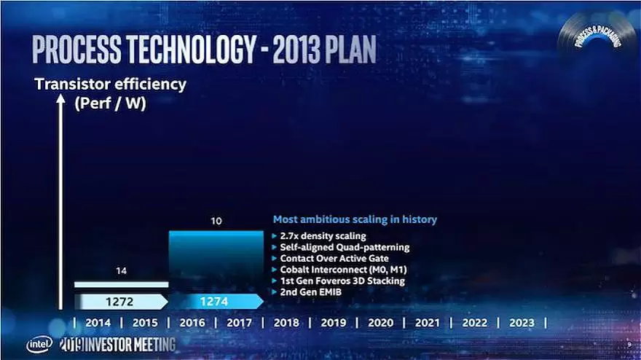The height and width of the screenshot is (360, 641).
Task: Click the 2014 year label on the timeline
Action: (98, 323)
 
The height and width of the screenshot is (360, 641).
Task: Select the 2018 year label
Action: (286, 323)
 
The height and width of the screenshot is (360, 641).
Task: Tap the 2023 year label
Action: (522, 323)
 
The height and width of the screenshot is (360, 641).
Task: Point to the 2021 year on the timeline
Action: (428, 323)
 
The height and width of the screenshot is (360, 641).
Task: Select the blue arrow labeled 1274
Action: (216, 301)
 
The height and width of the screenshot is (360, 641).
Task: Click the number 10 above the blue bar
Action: (216, 219)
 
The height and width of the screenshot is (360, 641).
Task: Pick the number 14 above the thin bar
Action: (120, 270)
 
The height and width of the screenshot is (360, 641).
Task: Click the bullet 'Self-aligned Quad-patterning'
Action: (340, 247)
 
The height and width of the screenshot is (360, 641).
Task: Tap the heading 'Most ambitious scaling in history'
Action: (355, 219)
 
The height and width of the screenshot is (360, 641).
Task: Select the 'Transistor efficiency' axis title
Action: (111, 85)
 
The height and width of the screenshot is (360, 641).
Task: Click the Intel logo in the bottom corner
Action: (40, 344)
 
